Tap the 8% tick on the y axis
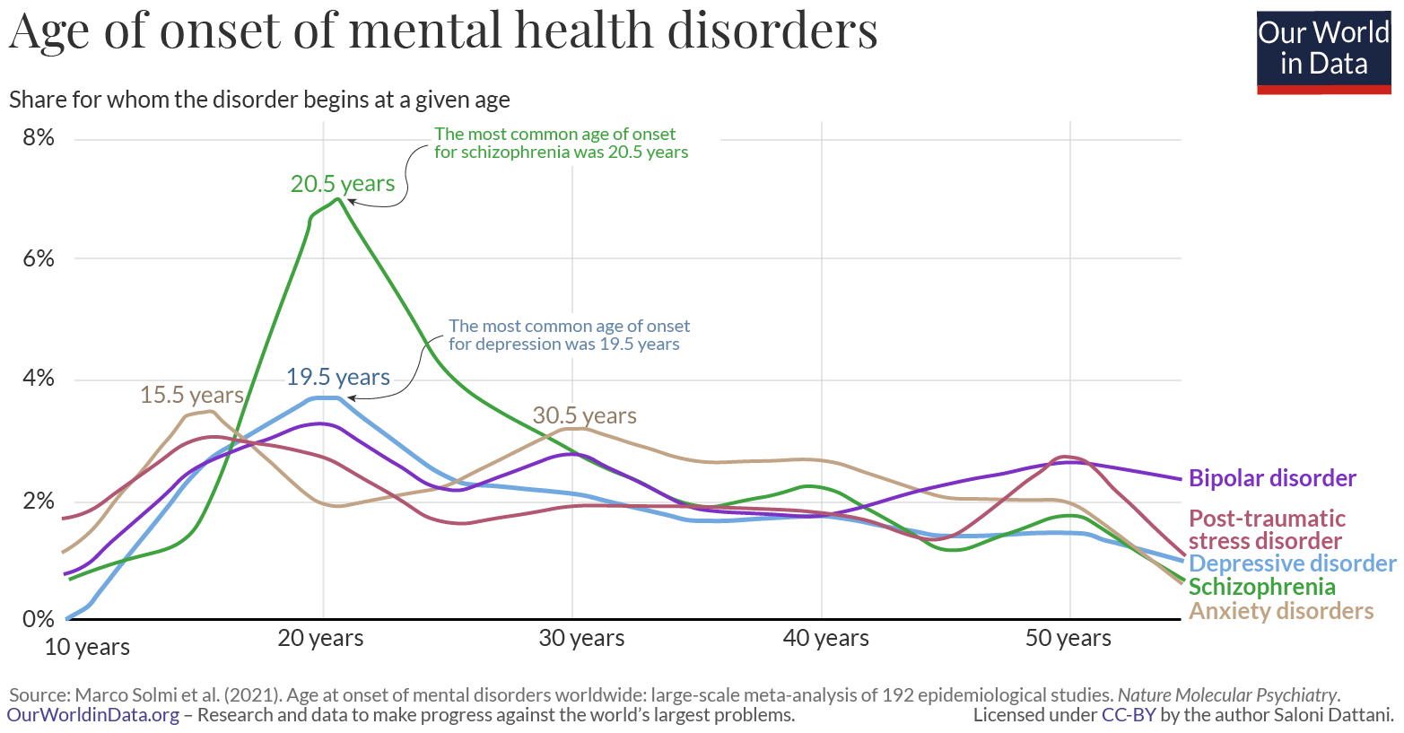[38, 138]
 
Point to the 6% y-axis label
[38, 258]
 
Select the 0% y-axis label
[38, 619]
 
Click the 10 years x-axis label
[87, 647]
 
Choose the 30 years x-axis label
[581, 638]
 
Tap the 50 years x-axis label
[1068, 638]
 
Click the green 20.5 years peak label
[342, 184]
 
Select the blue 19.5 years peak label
[337, 377]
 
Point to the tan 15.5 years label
[191, 395]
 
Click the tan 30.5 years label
[584, 415]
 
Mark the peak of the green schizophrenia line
[337, 198]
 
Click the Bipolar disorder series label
[1272, 478]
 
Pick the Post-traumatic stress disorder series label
[1266, 529]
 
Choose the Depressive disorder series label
[1292, 563]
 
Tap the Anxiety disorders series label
[1280, 611]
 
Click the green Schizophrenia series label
[1261, 587]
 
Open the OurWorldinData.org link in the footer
[93, 715]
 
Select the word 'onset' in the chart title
[219, 31]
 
